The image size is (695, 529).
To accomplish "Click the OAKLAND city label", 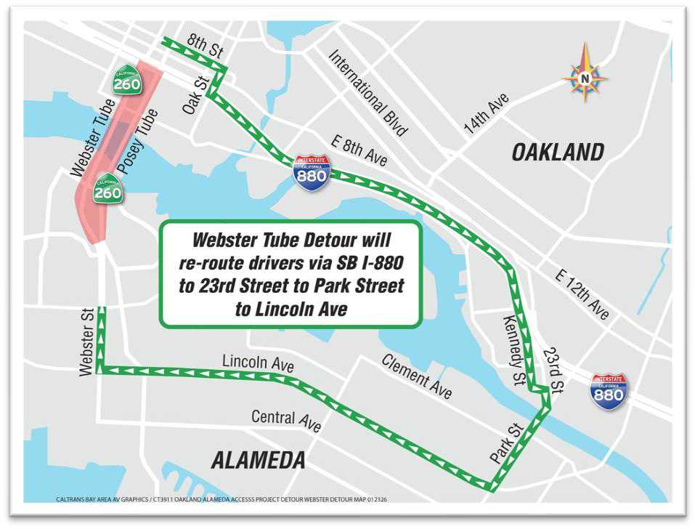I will click(558, 153).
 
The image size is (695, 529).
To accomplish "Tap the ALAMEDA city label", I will click(259, 460).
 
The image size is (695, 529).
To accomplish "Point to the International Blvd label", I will click(367, 92).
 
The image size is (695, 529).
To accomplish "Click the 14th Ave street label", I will click(486, 113).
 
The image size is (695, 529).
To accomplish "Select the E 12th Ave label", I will click(582, 294).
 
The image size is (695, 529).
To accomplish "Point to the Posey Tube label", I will click(137, 142).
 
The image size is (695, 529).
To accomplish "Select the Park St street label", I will click(506, 445).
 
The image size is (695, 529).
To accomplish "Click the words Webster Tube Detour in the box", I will click(290, 239).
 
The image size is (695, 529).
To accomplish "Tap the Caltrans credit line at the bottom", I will click(224, 499).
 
